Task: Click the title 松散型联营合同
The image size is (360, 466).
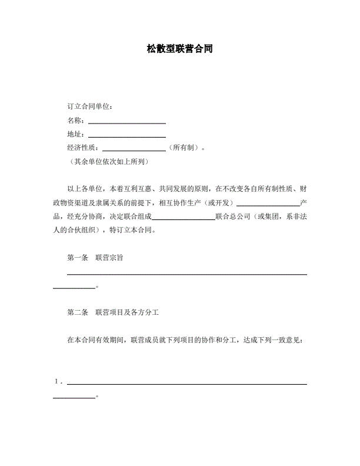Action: click(x=179, y=49)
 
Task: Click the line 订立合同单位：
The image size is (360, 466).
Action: click(x=91, y=106)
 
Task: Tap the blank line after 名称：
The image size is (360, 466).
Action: click(x=126, y=122)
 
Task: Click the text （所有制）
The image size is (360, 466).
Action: click(x=184, y=148)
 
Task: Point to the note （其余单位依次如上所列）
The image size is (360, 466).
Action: click(x=109, y=161)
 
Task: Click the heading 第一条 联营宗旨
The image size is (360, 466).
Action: click(x=95, y=258)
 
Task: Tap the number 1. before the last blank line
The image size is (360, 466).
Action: click(x=58, y=381)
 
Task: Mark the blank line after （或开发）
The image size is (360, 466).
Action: click(x=268, y=204)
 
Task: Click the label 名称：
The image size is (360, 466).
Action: click(x=77, y=121)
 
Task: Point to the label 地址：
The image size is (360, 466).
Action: click(x=77, y=134)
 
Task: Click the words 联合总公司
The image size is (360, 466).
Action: click(x=234, y=217)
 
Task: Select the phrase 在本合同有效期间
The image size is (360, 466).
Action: click(x=95, y=340)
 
